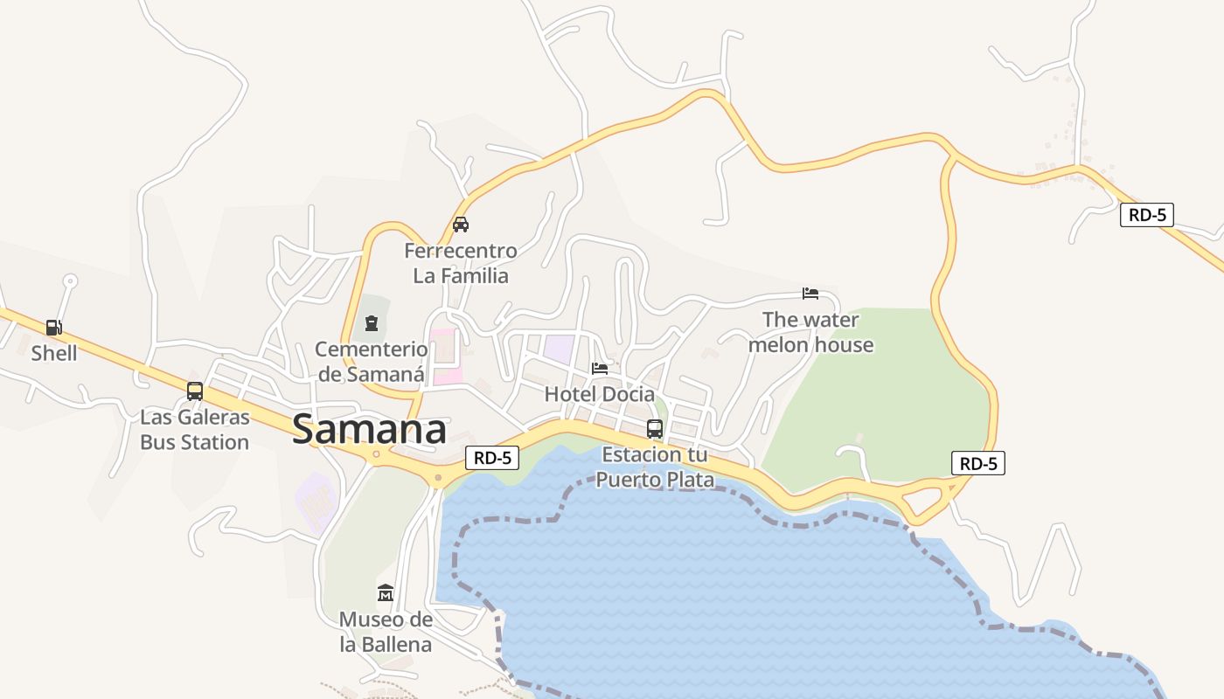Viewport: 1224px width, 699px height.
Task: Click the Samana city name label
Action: [369, 430]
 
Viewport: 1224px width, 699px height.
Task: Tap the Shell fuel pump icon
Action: [54, 328]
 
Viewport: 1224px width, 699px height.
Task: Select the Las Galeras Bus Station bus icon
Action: [195, 391]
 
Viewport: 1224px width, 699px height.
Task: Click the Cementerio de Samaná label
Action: [372, 362]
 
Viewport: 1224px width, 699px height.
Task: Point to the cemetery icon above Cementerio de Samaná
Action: [372, 323]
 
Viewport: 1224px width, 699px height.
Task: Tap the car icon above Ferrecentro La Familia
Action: [461, 225]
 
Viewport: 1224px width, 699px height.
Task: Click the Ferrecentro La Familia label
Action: [461, 263]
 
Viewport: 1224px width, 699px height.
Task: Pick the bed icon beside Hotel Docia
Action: [600, 368]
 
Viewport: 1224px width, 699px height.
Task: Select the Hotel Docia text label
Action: [600, 394]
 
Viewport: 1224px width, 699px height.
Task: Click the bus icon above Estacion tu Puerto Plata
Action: [655, 428]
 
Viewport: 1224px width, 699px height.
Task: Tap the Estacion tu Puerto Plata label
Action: [655, 467]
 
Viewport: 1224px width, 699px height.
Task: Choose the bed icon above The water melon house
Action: [810, 293]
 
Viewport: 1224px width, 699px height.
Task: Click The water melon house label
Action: [810, 332]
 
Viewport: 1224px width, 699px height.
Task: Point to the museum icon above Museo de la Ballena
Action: [386, 593]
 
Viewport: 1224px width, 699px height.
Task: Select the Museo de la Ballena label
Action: [386, 632]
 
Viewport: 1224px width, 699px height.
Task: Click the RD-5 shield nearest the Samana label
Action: [492, 457]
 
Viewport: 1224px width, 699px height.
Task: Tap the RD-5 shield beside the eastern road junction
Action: [978, 463]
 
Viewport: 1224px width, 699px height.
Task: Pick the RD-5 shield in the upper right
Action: [1146, 215]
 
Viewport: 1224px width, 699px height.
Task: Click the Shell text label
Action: [54, 353]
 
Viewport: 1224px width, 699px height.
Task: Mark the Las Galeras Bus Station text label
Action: [195, 429]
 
